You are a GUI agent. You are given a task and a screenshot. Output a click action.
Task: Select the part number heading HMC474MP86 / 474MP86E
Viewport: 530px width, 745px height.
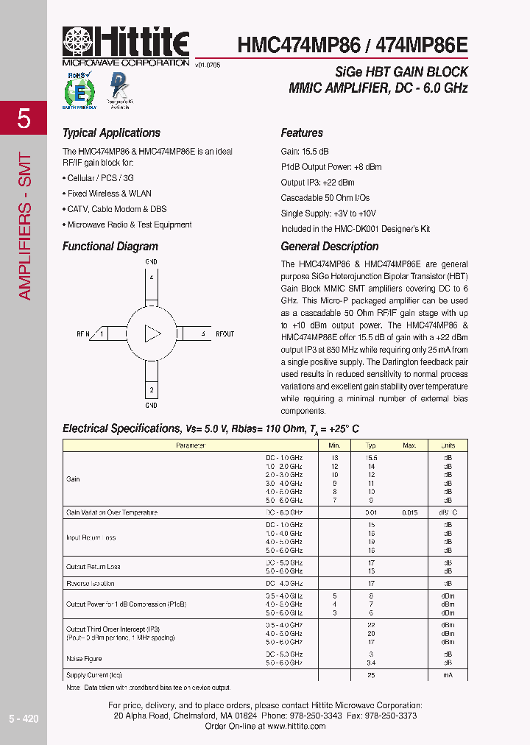352,45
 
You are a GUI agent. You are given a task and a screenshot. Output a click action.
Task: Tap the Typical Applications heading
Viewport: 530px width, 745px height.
111,133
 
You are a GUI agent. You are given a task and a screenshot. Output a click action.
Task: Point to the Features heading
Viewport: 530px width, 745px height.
302,133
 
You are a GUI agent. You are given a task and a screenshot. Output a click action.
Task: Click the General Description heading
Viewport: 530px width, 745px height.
329,247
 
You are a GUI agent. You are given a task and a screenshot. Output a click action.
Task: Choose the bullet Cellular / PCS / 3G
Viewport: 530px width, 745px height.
98,178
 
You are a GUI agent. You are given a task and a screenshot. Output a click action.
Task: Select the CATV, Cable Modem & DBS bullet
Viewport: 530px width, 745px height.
114,209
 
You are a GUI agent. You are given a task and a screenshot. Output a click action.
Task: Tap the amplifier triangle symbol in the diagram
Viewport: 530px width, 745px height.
152,333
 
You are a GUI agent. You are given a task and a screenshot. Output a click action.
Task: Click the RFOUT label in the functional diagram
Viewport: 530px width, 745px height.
225,333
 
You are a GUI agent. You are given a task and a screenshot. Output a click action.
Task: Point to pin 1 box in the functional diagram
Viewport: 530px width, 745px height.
102,333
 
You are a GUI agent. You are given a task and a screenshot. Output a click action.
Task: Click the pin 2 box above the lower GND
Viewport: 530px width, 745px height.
151,389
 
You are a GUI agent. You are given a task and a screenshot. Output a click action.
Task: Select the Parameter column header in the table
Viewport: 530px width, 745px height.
191,445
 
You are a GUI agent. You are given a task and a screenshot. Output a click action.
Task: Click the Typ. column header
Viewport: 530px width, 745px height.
372,445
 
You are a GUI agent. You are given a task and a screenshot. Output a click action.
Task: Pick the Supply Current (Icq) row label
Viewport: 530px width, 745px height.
94,675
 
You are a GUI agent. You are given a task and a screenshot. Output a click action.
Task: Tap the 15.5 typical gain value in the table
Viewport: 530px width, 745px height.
372,457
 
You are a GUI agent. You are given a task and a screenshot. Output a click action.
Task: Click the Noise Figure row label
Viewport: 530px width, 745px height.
84,658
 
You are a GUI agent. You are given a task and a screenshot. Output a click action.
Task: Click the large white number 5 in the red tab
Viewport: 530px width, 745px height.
24,119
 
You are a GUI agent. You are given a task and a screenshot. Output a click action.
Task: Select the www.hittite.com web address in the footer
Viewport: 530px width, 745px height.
295,726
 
